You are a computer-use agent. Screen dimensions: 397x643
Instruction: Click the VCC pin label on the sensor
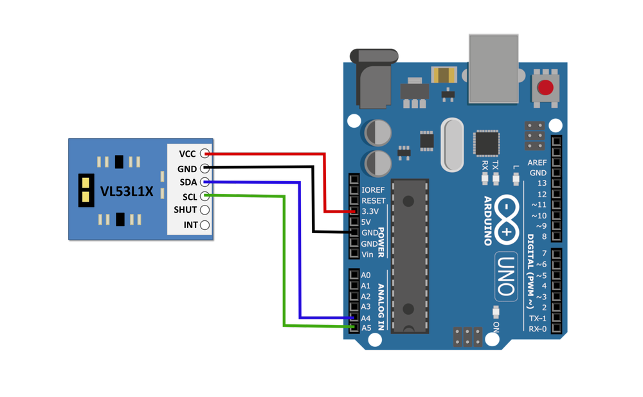187,154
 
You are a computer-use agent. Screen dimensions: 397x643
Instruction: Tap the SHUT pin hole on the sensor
204,210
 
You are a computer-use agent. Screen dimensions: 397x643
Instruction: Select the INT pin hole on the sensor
204,225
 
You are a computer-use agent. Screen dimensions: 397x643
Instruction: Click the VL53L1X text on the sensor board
127,191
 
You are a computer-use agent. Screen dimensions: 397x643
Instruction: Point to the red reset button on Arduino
545,87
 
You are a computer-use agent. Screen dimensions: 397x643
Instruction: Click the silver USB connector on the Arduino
493,68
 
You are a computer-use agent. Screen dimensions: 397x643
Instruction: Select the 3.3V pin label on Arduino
371,211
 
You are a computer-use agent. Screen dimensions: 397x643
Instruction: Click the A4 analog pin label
366,318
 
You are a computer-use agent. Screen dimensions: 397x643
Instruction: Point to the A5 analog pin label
366,328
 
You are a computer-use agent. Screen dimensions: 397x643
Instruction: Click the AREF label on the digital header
537,163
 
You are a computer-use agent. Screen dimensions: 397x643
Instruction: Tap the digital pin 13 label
542,184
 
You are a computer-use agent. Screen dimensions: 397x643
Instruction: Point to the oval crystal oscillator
453,145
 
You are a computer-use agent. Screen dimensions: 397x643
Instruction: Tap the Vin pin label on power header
368,254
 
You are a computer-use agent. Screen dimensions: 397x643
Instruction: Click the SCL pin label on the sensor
189,197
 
